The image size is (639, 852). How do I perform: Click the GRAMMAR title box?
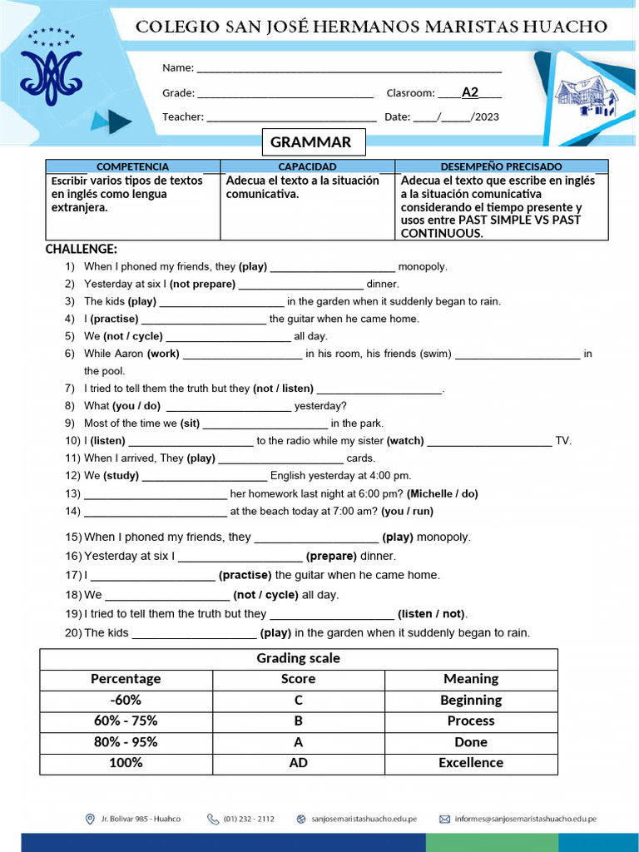[311, 142]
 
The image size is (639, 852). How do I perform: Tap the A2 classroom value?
[470, 92]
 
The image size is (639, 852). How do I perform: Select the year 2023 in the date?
[485, 117]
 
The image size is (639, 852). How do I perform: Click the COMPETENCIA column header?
[132, 166]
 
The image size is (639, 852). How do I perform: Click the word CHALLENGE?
[81, 249]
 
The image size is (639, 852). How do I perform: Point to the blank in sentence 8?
[229, 407]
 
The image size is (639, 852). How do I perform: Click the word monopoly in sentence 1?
[423, 267]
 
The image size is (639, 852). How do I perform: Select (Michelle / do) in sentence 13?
[443, 494]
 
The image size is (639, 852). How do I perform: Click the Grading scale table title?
[298, 658]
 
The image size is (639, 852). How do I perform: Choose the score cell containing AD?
[298, 763]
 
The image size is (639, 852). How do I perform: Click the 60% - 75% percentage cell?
[126, 721]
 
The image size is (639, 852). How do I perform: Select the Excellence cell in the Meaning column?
[471, 763]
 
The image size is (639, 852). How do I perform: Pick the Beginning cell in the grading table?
[471, 700]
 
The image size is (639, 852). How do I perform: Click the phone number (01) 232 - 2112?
[248, 819]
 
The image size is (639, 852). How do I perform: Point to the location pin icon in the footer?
[90, 819]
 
